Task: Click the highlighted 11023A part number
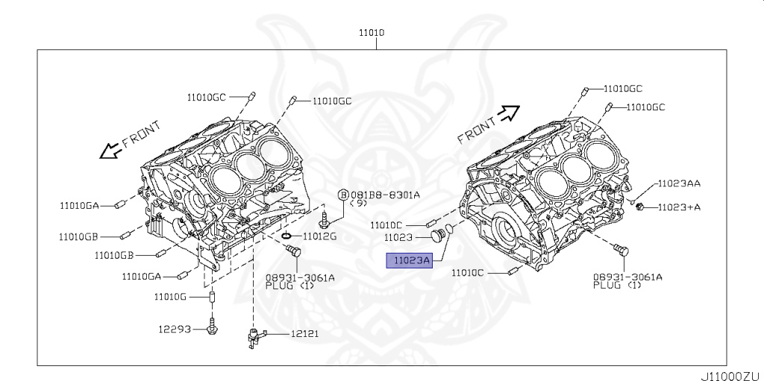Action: (x=407, y=260)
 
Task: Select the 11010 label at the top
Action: (x=371, y=33)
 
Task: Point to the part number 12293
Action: (x=173, y=328)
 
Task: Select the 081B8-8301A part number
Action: (x=385, y=195)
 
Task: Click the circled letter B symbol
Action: (x=343, y=195)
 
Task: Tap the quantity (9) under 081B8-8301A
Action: (x=360, y=204)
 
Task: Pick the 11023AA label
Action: (x=678, y=183)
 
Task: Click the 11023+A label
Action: (x=678, y=207)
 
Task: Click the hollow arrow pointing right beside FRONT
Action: (x=508, y=113)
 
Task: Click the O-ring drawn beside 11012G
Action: (x=287, y=236)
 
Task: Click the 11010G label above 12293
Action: (x=170, y=297)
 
